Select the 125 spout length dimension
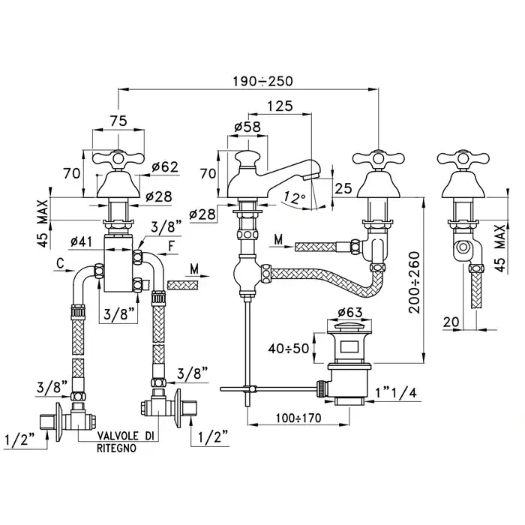(x=279, y=107)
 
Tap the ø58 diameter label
(x=247, y=127)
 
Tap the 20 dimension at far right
(x=450, y=322)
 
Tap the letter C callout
(x=58, y=263)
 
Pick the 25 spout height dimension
(x=343, y=188)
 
